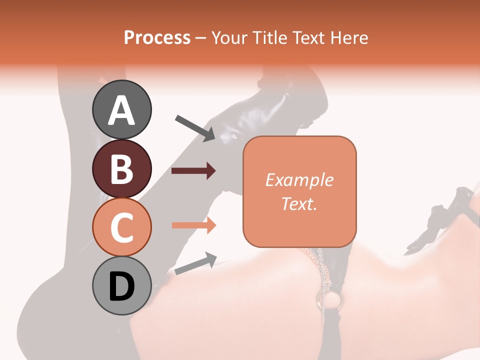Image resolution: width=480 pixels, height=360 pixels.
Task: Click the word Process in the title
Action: point(157,38)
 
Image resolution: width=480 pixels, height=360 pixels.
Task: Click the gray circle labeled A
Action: point(122,109)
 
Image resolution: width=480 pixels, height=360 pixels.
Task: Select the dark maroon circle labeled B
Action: point(122,168)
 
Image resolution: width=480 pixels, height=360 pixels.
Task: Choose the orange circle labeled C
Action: point(122,227)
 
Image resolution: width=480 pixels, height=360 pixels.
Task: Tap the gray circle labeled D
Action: point(122,285)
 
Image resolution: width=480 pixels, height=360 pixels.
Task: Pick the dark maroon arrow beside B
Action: point(193,171)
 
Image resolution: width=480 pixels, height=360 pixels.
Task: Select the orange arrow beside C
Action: point(193,225)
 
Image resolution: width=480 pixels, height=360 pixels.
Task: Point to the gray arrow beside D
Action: point(195,263)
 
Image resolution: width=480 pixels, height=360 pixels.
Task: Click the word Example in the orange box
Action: point(299,180)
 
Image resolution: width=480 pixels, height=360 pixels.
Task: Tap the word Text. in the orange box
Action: point(299,203)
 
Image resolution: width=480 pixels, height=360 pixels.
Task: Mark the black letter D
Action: point(122,286)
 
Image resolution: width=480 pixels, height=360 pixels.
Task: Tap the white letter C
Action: point(122,228)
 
